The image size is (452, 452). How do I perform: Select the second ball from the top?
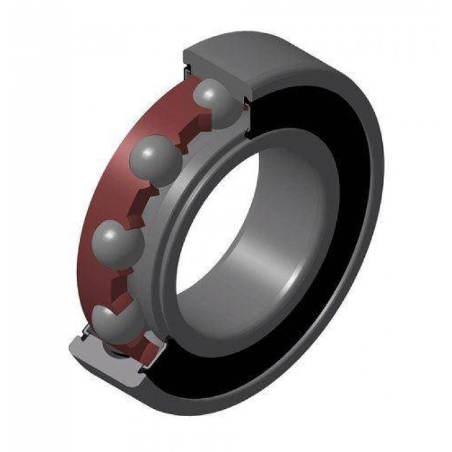click(x=155, y=157)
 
